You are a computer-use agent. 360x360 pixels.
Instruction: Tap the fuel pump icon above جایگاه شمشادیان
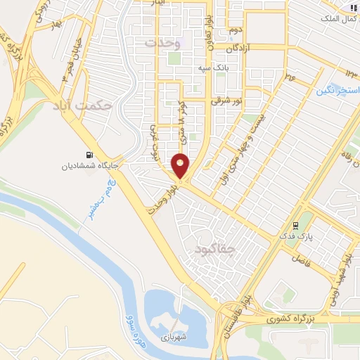(x=88, y=155)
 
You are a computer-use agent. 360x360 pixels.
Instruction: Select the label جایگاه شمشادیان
(x=89, y=167)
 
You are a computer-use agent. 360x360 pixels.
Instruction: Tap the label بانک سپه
(x=215, y=68)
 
